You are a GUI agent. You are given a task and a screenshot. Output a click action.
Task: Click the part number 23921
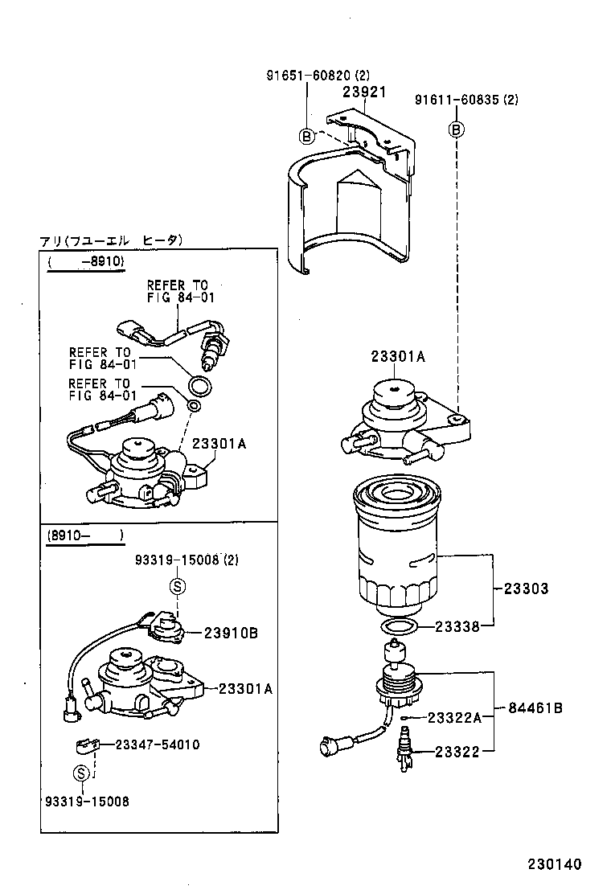(365, 92)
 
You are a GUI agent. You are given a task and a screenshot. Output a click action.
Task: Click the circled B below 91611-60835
(456, 129)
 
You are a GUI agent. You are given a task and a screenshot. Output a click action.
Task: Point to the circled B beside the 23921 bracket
(306, 136)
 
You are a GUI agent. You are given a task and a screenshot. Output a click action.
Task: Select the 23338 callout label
(458, 626)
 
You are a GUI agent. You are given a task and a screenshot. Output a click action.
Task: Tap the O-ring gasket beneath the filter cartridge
(398, 626)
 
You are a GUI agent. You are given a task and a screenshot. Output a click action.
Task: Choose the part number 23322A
(454, 718)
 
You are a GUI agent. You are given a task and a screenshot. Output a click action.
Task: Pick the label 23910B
(230, 633)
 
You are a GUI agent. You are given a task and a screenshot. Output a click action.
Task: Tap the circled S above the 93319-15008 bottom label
(81, 773)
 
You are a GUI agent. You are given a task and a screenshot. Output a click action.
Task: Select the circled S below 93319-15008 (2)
(178, 586)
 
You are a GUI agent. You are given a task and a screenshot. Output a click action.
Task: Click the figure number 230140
(554, 864)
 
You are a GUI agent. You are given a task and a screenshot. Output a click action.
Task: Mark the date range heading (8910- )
(84, 535)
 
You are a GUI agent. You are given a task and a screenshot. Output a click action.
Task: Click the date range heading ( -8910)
(85, 261)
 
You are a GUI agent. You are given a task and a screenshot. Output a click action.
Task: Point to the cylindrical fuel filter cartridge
(396, 547)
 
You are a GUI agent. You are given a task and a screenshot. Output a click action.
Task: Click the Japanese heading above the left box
(112, 240)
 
